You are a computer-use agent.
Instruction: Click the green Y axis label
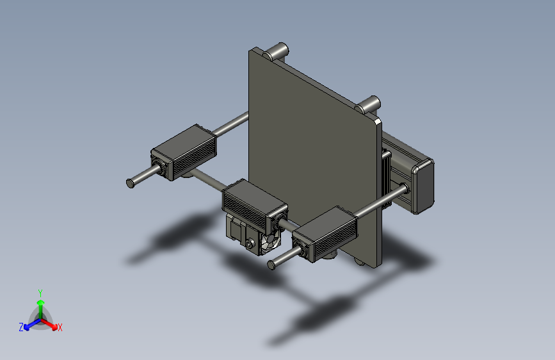40,291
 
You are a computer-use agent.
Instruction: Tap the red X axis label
60,327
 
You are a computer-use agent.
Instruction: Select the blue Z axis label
21,327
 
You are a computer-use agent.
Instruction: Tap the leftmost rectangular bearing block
184,152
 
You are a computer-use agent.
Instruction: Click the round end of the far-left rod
131,183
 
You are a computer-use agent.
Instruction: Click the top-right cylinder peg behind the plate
371,102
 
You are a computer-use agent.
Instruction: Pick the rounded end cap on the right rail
424,186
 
